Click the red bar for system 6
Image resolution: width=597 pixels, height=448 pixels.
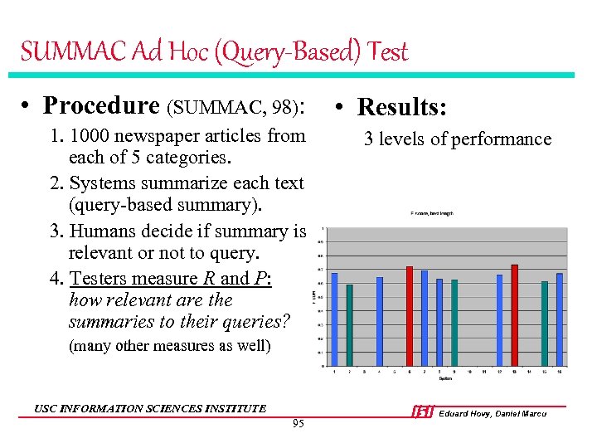click(x=410, y=315)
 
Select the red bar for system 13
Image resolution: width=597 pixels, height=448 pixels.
click(x=515, y=314)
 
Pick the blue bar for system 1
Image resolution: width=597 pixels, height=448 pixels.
click(x=334, y=319)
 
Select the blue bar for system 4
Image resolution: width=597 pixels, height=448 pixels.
click(x=380, y=321)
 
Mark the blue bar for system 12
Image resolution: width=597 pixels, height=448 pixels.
click(x=499, y=319)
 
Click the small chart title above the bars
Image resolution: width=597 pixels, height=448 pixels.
click(x=432, y=214)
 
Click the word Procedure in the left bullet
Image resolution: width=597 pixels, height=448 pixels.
click(x=101, y=105)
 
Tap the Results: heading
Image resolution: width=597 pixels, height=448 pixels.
click(x=402, y=107)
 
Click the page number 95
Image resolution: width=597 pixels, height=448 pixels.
click(x=298, y=425)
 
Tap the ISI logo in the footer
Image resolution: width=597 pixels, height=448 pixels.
click(x=422, y=412)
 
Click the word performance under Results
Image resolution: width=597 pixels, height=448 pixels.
click(x=502, y=139)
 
